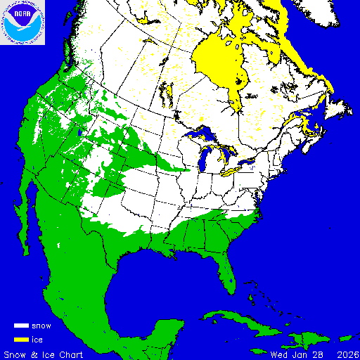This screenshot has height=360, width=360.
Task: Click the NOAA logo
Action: (x=22, y=22)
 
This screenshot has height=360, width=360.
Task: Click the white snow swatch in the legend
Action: (x=21, y=326)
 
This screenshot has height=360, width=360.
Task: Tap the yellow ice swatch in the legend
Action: (x=21, y=340)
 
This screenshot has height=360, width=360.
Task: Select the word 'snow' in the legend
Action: (x=41, y=326)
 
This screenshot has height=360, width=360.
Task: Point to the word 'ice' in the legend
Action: (x=37, y=340)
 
